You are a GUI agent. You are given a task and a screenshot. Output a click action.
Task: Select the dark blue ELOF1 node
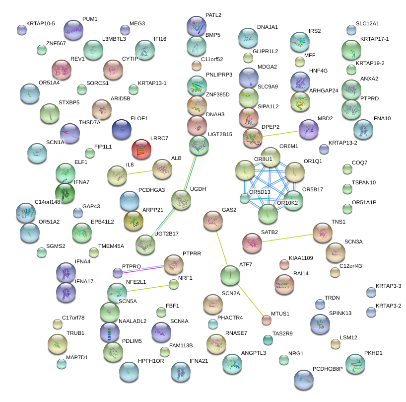coord(122,129)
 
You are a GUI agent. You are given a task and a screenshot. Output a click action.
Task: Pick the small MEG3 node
coord(125,30)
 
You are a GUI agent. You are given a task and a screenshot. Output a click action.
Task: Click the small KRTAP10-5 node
coord(21,30)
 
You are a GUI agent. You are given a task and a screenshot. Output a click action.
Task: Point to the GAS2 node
coord(213,221)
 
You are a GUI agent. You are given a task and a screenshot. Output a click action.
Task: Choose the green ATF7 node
coord(230,275)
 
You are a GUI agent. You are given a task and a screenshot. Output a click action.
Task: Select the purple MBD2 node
coord(309,129)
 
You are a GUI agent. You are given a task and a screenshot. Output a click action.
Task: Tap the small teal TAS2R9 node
coord(268,340)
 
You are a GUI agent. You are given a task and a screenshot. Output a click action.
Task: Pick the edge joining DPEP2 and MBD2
coord(280,133)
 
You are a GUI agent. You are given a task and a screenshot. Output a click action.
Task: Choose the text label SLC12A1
coord(367,24)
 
